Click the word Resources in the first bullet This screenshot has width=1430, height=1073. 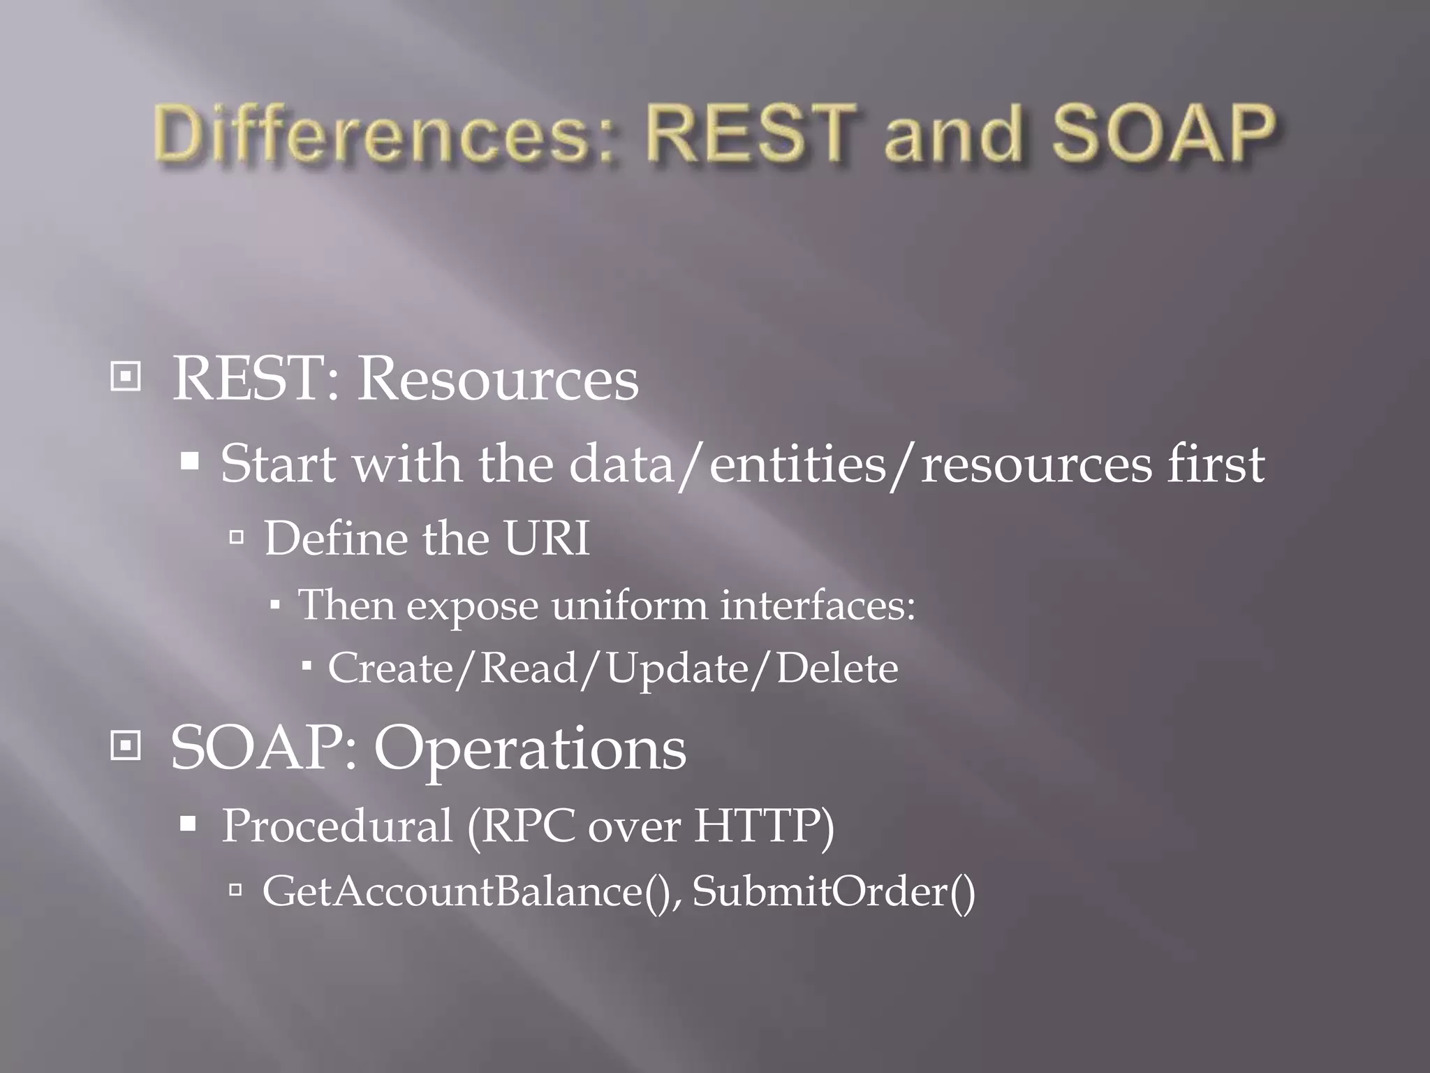point(498,379)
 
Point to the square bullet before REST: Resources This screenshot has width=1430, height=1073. point(126,377)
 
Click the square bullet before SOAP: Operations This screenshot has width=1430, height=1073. point(126,746)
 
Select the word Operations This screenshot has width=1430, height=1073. point(530,749)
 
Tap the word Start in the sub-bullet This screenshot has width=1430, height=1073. point(278,463)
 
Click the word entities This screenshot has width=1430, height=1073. point(797,465)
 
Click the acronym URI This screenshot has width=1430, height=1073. point(547,539)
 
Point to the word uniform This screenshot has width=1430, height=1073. point(629,604)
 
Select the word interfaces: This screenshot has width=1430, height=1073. point(818,604)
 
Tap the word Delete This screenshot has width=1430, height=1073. point(837,668)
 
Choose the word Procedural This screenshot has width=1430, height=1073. point(337,826)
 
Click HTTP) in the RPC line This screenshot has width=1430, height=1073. point(764,826)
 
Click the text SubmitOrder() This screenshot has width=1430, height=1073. point(834,891)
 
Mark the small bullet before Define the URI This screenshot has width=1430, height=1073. point(236,537)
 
